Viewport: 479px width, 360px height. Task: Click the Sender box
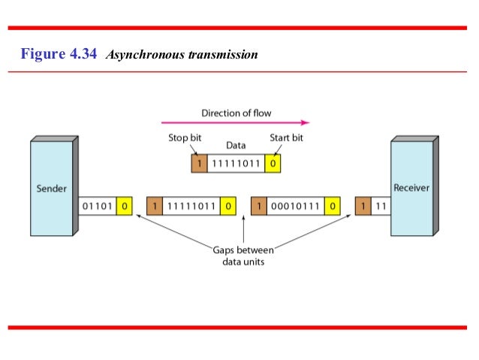click(x=51, y=188)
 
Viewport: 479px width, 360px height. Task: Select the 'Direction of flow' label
click(x=236, y=113)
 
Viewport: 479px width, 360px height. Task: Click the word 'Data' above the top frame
click(x=236, y=147)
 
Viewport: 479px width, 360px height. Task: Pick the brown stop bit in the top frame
click(x=198, y=162)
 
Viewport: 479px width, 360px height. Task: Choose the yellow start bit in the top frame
click(x=273, y=162)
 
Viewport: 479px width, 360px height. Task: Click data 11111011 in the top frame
click(x=235, y=162)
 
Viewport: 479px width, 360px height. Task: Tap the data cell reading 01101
click(x=98, y=204)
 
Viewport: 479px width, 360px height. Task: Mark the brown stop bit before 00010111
click(x=259, y=204)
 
